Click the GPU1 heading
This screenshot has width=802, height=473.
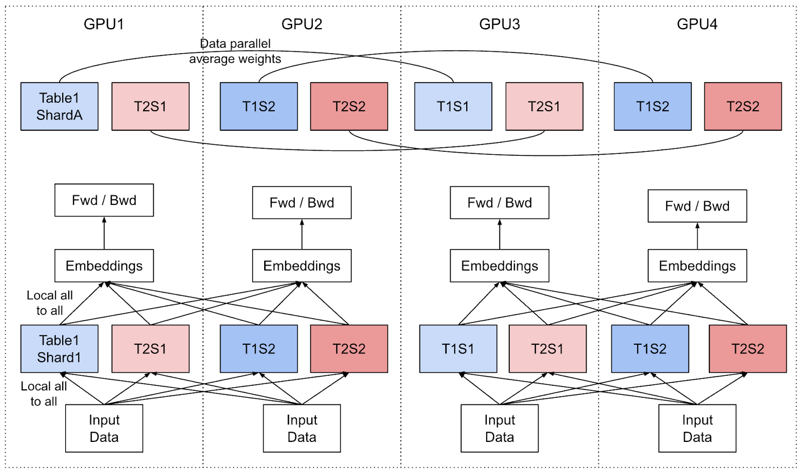pyautogui.click(x=103, y=24)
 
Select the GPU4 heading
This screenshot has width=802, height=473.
pyautogui.click(x=697, y=24)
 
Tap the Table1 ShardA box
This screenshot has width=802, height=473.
pyautogui.click(x=59, y=106)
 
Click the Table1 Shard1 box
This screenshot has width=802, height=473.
pyautogui.click(x=59, y=349)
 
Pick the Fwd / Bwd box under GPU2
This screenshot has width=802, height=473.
pyautogui.click(x=302, y=202)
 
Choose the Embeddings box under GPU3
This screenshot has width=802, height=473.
pyautogui.click(x=499, y=266)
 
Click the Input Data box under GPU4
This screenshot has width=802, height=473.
pyautogui.click(x=697, y=428)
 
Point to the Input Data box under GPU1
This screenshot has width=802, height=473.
pyautogui.click(x=104, y=428)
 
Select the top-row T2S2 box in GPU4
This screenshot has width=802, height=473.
pyautogui.click(x=743, y=106)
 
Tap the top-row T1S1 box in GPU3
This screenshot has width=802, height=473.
pyautogui.click(x=453, y=106)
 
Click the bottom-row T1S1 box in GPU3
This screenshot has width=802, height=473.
pyautogui.click(x=458, y=349)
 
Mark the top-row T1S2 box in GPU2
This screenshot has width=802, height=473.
pyautogui.click(x=259, y=106)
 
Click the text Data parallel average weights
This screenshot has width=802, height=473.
pyautogui.click(x=235, y=51)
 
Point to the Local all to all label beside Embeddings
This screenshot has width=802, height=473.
pyautogui.click(x=50, y=303)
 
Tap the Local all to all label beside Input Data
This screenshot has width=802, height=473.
pyautogui.click(x=44, y=393)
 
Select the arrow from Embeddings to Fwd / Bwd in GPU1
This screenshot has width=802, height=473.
pyautogui.click(x=104, y=233)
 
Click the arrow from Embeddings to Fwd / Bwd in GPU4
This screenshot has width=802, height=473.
pyautogui.click(x=697, y=236)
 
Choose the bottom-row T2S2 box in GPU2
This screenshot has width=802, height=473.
pyautogui.click(x=349, y=349)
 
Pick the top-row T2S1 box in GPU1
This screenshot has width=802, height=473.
pyautogui.click(x=150, y=106)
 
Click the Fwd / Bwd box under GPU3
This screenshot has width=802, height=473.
pyautogui.click(x=499, y=202)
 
